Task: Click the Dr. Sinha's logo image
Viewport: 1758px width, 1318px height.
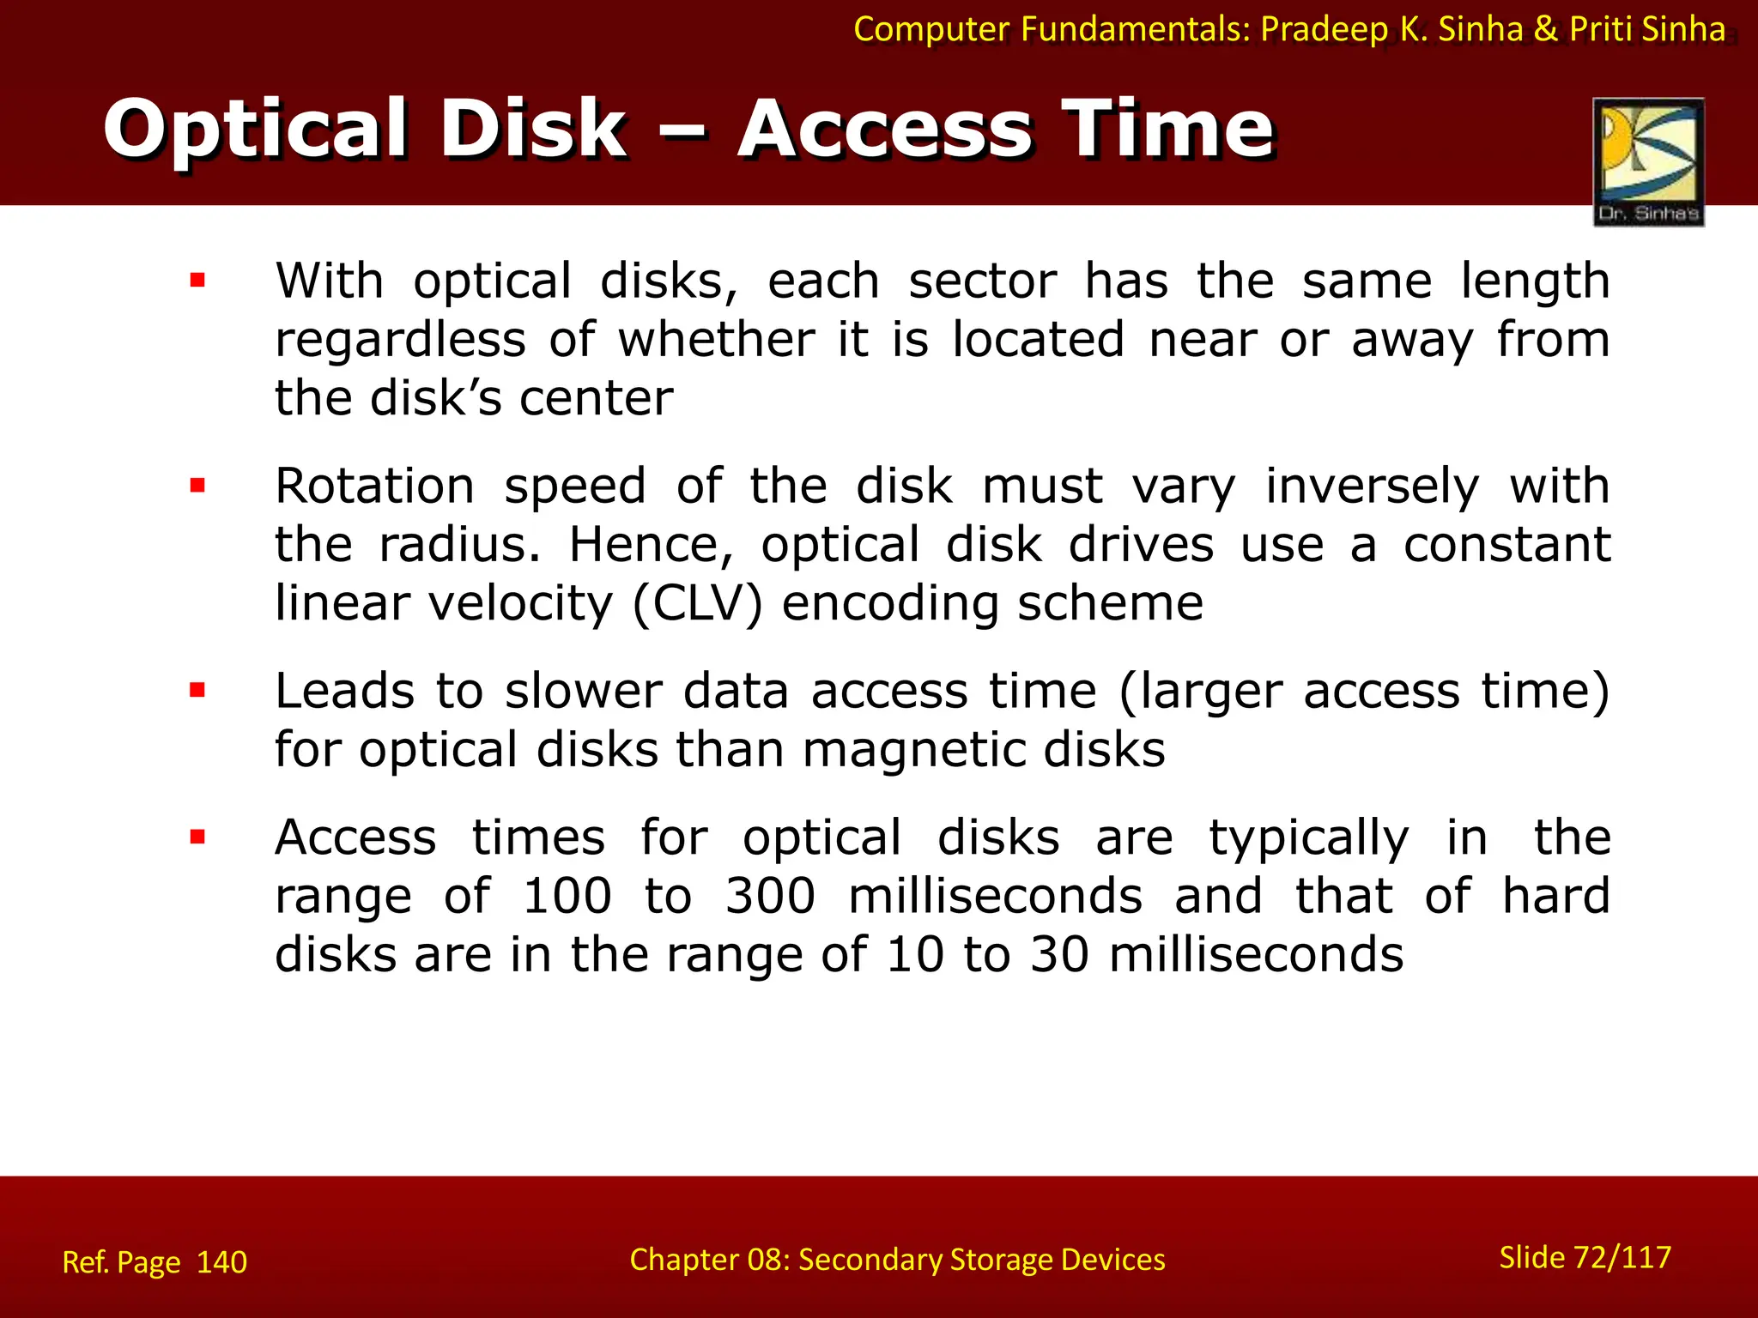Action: point(1648,161)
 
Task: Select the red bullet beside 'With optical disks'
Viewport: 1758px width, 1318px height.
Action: point(198,280)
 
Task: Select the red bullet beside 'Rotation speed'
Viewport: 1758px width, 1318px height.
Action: point(198,486)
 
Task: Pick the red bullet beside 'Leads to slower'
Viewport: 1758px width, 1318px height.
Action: point(198,690)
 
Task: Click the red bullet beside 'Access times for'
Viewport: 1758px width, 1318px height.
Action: point(198,837)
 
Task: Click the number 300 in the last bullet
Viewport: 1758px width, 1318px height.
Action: point(770,896)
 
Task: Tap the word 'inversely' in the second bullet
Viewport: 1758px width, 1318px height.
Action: point(1372,487)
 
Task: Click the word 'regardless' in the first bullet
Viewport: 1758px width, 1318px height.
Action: point(400,340)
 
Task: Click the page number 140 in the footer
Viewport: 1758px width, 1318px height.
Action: point(221,1262)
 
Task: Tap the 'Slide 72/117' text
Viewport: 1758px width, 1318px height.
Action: point(1585,1257)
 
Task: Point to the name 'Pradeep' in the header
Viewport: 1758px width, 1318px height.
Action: point(1324,29)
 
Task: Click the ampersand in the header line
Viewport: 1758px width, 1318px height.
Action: point(1545,29)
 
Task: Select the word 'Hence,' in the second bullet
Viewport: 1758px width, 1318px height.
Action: point(652,545)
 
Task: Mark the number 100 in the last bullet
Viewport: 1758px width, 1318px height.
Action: point(567,896)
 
